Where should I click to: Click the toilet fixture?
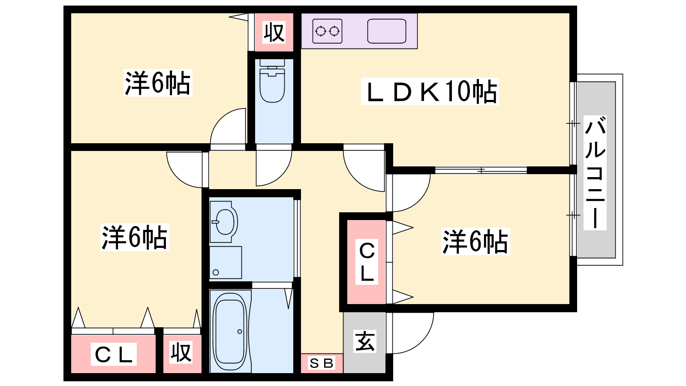[272, 84]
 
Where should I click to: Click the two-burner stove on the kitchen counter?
[327, 31]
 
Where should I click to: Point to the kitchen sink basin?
[386, 31]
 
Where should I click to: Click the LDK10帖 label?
[430, 91]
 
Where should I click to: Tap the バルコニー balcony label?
[596, 172]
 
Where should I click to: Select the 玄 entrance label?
[365, 341]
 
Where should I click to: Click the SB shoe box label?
[322, 364]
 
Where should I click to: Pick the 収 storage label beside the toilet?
[274, 32]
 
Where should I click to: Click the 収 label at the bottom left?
[181, 353]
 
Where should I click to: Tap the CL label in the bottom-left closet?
[114, 355]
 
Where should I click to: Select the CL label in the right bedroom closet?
[367, 262]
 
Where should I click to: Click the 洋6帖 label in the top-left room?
[157, 83]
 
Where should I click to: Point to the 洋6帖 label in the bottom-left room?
[134, 237]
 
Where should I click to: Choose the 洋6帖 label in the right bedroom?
[475, 242]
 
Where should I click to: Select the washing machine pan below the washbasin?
[226, 262]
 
